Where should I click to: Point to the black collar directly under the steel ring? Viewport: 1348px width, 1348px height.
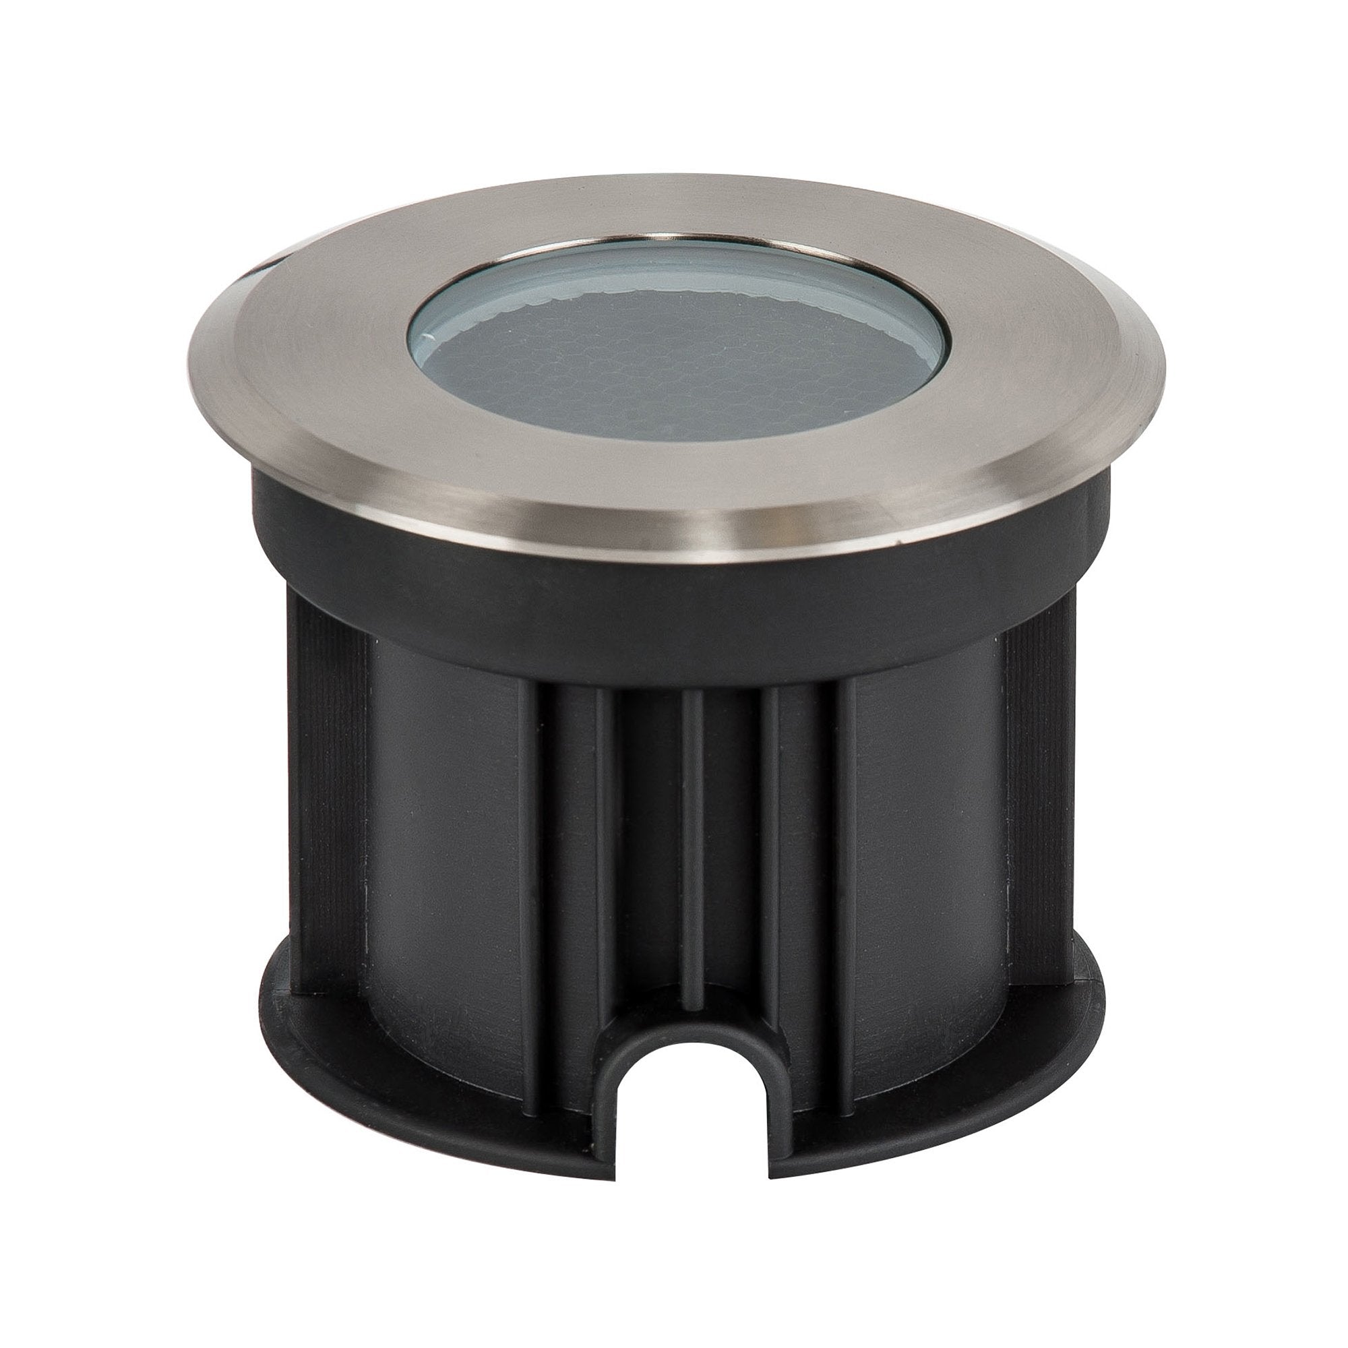(x=670, y=607)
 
